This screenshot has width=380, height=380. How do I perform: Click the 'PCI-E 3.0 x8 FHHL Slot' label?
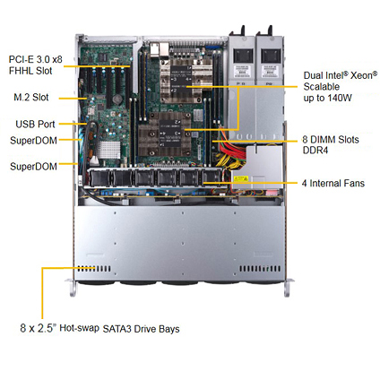click(36, 65)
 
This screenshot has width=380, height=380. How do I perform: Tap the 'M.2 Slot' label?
click(31, 97)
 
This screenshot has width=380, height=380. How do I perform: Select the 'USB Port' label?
click(35, 124)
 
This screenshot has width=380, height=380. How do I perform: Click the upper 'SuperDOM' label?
click(33, 141)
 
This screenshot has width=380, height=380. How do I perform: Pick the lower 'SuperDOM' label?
click(33, 166)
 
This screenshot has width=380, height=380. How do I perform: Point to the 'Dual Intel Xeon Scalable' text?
click(341, 81)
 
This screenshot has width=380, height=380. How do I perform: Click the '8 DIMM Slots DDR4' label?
click(331, 145)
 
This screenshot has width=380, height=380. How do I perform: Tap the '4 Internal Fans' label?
click(333, 183)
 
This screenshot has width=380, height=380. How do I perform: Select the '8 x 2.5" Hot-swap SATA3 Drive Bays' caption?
click(99, 328)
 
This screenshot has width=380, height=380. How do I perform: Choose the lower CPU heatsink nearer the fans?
click(165, 134)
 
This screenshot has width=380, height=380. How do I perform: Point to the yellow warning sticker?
click(241, 179)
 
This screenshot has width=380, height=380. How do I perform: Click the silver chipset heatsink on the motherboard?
click(109, 150)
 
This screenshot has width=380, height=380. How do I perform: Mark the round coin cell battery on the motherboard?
click(117, 99)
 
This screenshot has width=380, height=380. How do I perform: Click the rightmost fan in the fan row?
click(211, 178)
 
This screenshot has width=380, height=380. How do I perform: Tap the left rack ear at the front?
click(71, 288)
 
